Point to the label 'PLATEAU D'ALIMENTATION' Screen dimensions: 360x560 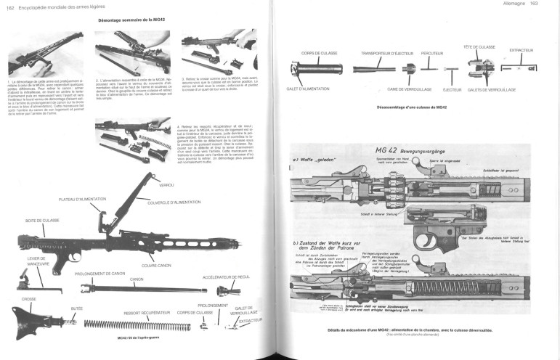(89, 197)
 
